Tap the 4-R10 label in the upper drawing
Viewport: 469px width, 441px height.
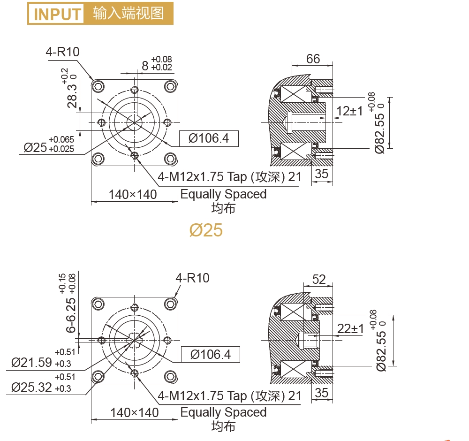(62, 52)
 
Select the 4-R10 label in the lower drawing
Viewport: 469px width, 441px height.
(192, 278)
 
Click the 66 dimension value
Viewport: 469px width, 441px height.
(313, 59)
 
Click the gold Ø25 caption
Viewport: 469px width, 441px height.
(206, 230)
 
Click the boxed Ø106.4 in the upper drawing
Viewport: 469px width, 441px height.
(209, 138)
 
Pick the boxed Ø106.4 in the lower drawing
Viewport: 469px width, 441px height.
(211, 355)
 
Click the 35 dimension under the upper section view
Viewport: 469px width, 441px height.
(322, 174)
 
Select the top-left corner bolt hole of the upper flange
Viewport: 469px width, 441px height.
(98, 85)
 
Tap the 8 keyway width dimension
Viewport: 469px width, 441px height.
(145, 66)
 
